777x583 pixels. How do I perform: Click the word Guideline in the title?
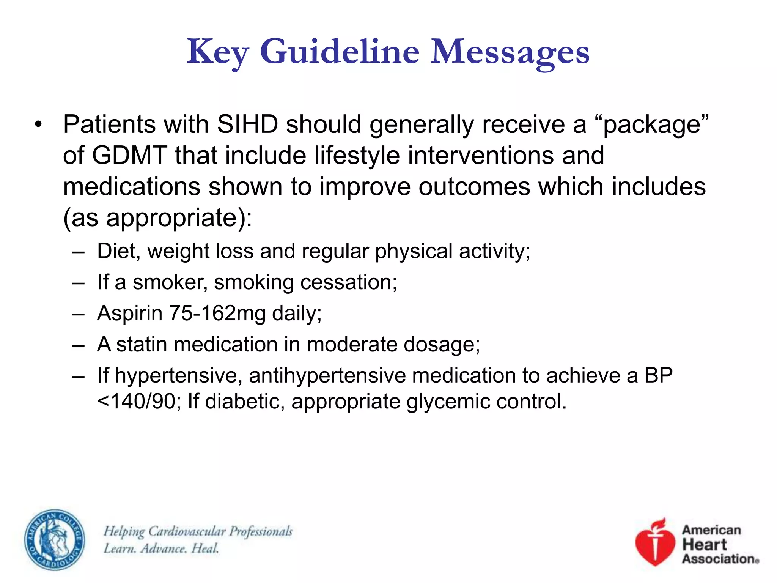point(340,52)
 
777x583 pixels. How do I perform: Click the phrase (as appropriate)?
point(157,218)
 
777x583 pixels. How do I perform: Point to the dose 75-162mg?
point(217,314)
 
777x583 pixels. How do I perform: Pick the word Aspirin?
point(130,314)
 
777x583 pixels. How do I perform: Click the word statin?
point(142,345)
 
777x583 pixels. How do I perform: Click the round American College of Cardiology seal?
point(55,540)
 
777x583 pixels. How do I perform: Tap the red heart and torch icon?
point(655,542)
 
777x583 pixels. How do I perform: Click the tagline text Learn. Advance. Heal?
point(162,549)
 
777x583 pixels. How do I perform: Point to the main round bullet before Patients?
point(38,124)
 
